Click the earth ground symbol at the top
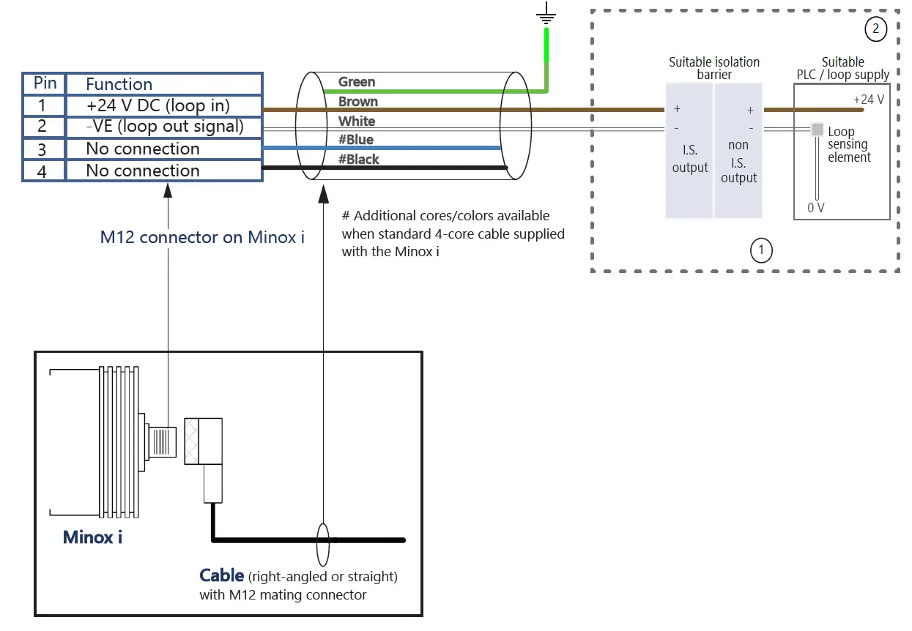tap(546, 14)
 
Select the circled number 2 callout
tap(875, 29)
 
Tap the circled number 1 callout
tap(761, 250)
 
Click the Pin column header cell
tap(45, 83)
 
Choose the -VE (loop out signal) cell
tap(163, 127)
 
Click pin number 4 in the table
tap(42, 171)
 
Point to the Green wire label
tap(357, 82)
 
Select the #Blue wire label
tap(355, 140)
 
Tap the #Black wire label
tap(358, 159)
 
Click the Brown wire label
tap(358, 102)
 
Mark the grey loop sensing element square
tap(817, 130)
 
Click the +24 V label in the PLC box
tap(868, 100)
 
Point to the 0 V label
tap(815, 208)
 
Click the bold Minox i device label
tap(92, 537)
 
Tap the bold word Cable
tap(221, 575)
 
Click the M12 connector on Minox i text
tap(202, 237)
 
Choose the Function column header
tap(119, 83)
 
